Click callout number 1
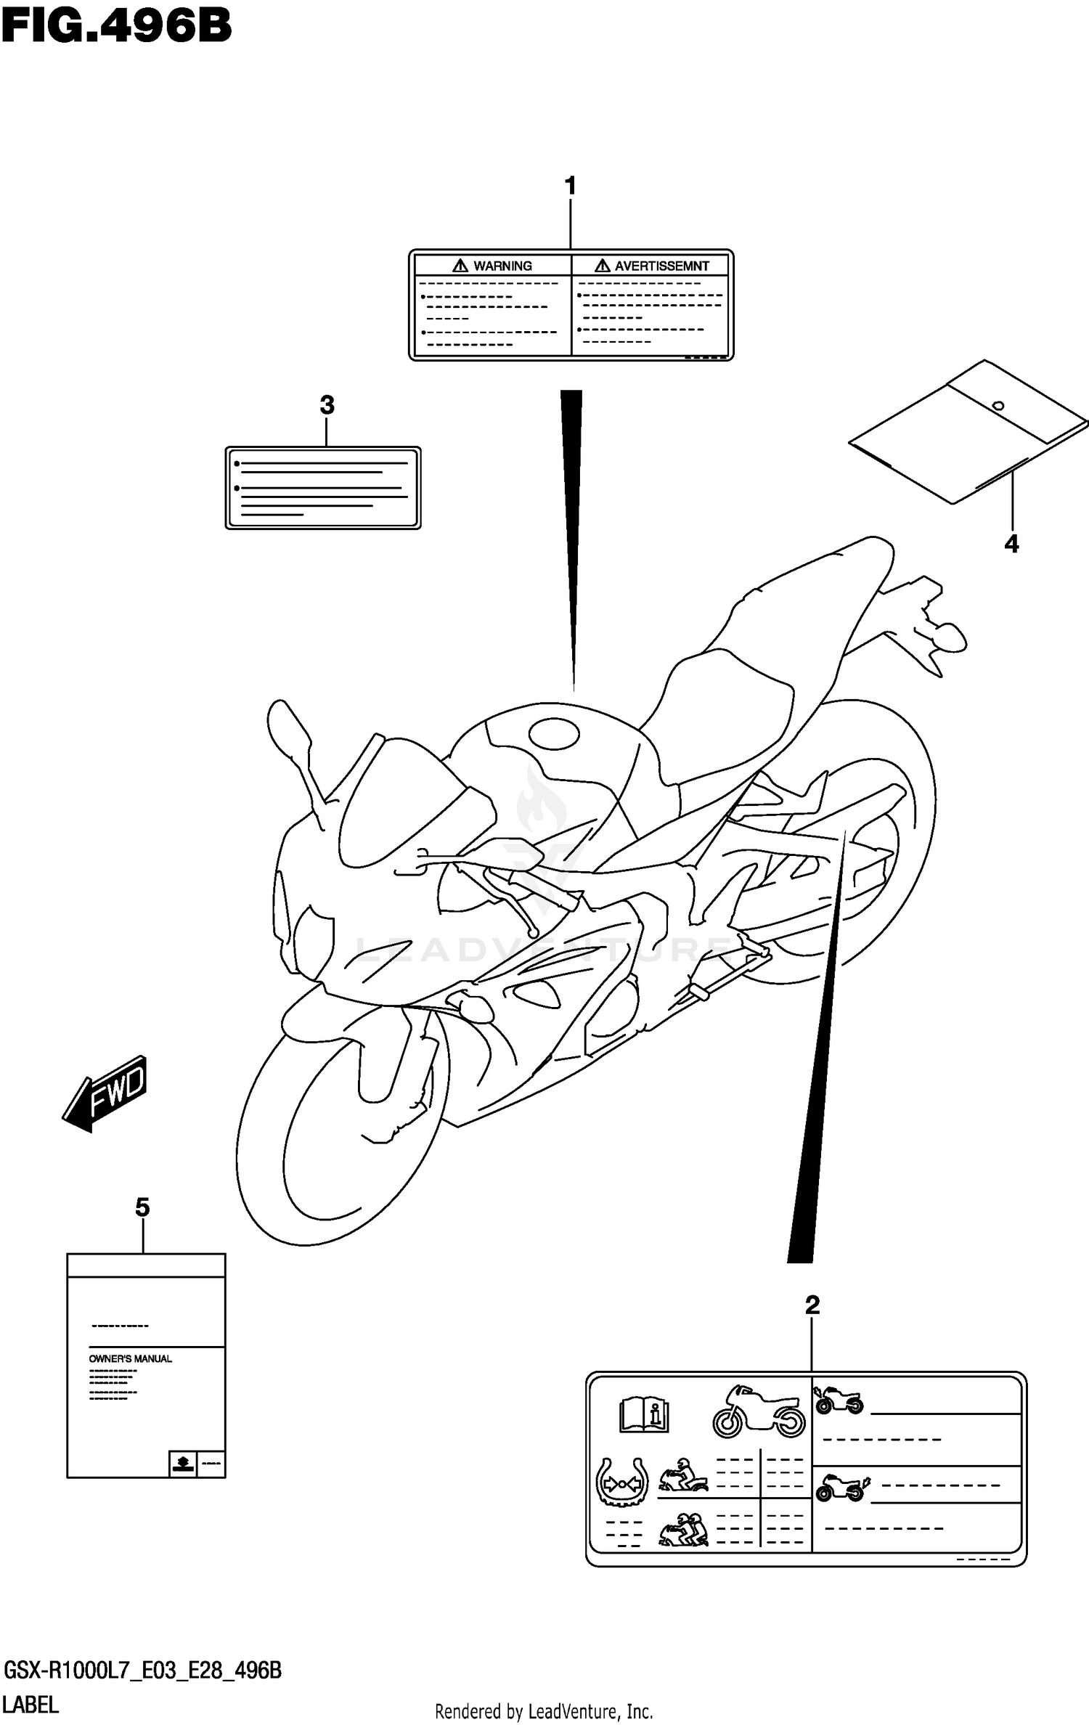pos(571,187)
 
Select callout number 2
pos(812,1305)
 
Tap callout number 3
pos(327,405)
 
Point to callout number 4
pos(1011,544)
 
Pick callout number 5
pos(142,1207)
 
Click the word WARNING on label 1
pos(502,266)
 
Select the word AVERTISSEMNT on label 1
pos(661,266)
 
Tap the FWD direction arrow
pos(106,1093)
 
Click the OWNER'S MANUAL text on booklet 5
pos(131,1358)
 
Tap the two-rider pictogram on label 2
pos(684,1529)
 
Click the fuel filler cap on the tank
pos(555,734)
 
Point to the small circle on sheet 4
pos(998,406)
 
